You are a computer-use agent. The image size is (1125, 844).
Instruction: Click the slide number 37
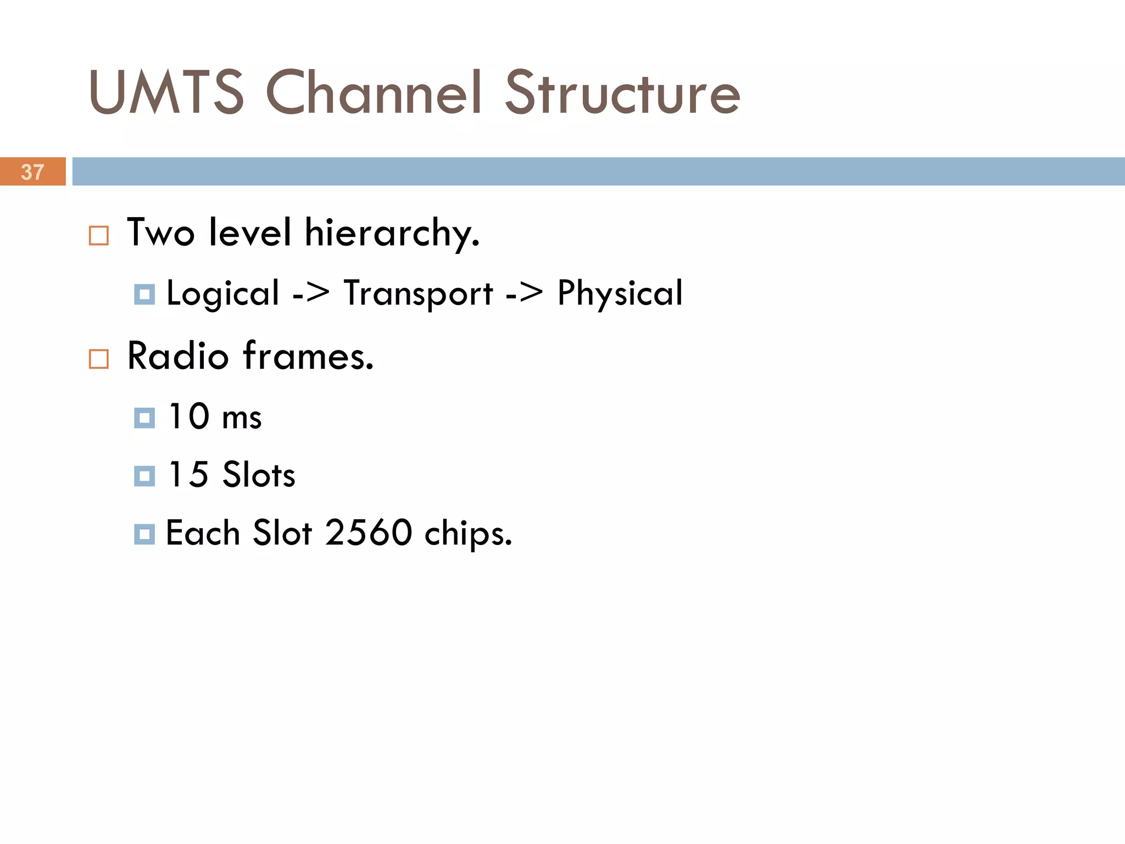point(32,172)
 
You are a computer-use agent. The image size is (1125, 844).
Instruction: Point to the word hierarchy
point(392,234)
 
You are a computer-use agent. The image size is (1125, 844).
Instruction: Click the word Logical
point(223,293)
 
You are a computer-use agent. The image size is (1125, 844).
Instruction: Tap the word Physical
point(620,293)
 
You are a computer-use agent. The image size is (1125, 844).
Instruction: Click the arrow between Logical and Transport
point(311,293)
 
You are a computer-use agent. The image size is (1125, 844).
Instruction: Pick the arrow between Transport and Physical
point(525,293)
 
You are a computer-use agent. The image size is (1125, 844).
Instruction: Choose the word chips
point(468,534)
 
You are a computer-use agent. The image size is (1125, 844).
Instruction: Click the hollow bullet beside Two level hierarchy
point(99,236)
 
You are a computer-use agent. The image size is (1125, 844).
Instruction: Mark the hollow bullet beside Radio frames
point(99,359)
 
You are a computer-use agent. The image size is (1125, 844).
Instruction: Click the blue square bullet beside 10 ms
point(144,418)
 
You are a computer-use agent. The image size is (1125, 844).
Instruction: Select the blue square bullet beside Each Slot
point(144,534)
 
